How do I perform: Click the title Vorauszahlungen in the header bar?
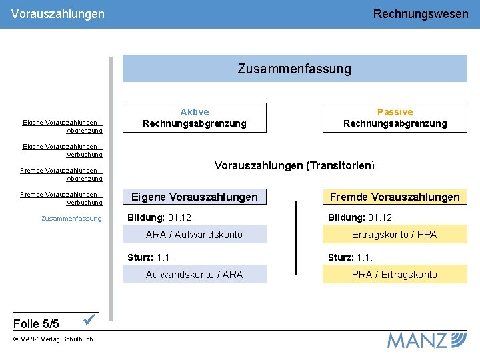pyautogui.click(x=58, y=13)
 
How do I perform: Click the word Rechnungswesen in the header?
pyautogui.click(x=421, y=13)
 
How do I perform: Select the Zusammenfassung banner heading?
pyautogui.click(x=295, y=69)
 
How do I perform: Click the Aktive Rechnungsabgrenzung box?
pyautogui.click(x=195, y=117)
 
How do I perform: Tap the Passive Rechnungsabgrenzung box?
pyautogui.click(x=395, y=117)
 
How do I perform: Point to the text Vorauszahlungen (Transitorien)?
pyautogui.click(x=295, y=165)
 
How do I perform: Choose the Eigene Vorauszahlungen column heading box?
pyautogui.click(x=195, y=197)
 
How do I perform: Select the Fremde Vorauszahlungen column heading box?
pyautogui.click(x=395, y=197)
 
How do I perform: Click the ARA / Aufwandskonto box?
pyautogui.click(x=195, y=234)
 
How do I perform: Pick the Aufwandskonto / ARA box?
pyautogui.click(x=195, y=274)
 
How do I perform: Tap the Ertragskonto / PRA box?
pyautogui.click(x=395, y=234)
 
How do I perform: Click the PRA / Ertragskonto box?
pyautogui.click(x=395, y=274)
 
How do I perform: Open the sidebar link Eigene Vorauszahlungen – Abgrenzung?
pyautogui.click(x=63, y=126)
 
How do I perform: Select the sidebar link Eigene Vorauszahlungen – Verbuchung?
pyautogui.click(x=63, y=150)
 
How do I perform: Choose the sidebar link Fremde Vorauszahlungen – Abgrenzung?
pyautogui.click(x=61, y=174)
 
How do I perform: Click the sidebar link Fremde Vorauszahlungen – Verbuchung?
pyautogui.click(x=61, y=198)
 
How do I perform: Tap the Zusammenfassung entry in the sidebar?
pyautogui.click(x=71, y=219)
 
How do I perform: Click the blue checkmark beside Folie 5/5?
pyautogui.click(x=91, y=320)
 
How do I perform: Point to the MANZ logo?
pyautogui.click(x=427, y=340)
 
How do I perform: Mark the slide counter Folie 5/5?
pyautogui.click(x=36, y=324)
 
